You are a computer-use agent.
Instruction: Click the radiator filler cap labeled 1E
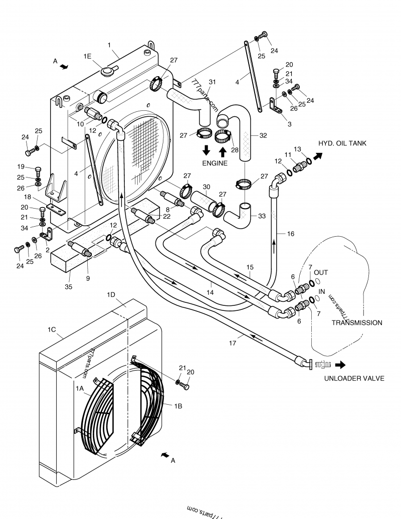point(108,71)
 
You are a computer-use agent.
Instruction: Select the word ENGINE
point(215,163)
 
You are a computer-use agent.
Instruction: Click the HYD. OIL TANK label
point(342,143)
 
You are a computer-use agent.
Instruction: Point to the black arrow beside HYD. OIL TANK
point(318,156)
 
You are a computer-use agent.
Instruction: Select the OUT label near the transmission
point(321,272)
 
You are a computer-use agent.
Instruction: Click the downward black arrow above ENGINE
point(206,150)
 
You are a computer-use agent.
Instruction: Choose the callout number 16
point(291,234)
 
